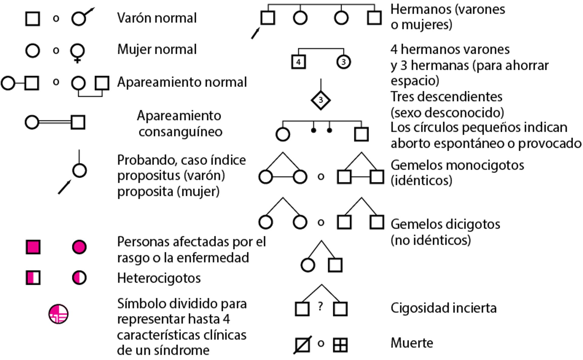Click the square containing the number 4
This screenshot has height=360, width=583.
point(298,62)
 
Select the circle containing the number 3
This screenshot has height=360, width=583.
point(343,62)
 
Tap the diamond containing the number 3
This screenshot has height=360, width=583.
point(321,100)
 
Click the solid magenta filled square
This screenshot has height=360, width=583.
point(33,247)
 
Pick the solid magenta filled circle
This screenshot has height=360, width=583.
point(79,247)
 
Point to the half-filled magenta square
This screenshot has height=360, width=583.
point(33,278)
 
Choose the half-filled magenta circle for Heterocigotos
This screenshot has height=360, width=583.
point(79,278)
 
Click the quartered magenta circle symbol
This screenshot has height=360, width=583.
point(58,314)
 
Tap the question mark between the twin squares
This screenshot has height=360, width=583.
point(320,307)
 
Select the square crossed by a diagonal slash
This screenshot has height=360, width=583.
point(302,345)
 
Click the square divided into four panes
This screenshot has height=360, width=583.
point(340,345)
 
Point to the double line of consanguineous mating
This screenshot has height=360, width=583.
point(55,122)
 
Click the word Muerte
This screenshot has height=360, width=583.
point(411,343)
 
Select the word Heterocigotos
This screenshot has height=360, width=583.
point(159,278)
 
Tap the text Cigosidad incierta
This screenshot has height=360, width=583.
point(443,308)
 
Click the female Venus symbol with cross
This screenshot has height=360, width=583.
point(77,53)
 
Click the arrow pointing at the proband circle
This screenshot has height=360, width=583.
point(64,187)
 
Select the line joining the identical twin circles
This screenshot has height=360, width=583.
point(283,177)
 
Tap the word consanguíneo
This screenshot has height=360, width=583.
point(180,132)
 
